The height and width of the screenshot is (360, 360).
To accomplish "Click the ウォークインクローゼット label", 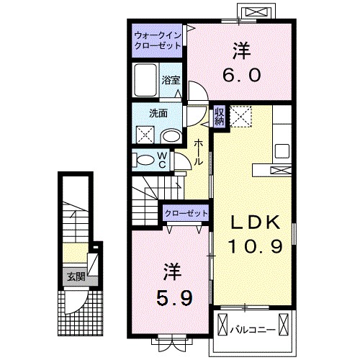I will coord(157,40).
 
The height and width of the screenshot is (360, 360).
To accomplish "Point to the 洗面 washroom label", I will coord(157,113).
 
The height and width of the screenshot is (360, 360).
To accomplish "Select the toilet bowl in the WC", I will coord(145,161).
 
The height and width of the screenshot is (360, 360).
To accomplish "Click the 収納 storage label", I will coord(219,116).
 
